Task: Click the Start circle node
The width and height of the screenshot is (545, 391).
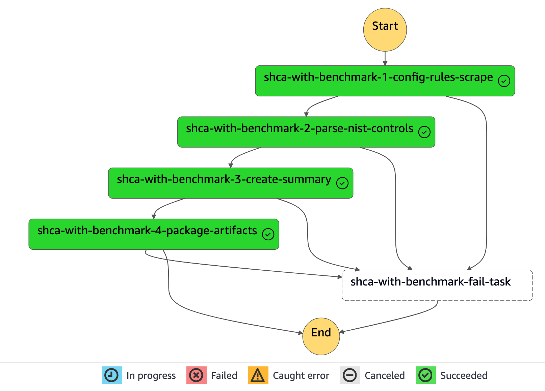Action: click(385, 30)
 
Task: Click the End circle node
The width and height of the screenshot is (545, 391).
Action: click(321, 336)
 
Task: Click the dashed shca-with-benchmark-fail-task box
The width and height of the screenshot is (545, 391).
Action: click(437, 285)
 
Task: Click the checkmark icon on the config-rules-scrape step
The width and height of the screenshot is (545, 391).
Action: click(504, 81)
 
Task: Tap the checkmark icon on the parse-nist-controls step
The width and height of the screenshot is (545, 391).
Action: click(424, 132)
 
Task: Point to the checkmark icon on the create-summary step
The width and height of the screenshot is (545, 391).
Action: click(342, 183)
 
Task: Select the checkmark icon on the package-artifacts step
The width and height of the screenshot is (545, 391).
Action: click(268, 234)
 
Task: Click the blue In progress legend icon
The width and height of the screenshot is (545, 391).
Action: click(112, 375)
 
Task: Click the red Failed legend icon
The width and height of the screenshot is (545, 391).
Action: click(196, 375)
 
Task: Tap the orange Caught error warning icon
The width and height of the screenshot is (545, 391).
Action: click(258, 375)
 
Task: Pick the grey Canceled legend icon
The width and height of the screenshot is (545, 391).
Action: click(350, 375)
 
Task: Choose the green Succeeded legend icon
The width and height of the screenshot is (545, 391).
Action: click(425, 375)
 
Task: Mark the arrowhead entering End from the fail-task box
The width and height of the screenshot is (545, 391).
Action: click(342, 332)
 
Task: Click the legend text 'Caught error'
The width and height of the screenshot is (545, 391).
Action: click(301, 375)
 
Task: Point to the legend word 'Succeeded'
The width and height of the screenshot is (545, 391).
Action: click(464, 375)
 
